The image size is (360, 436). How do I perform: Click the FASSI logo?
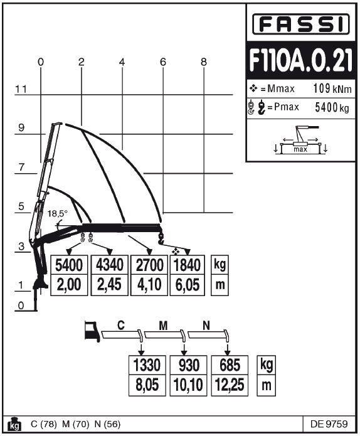(x=301, y=24)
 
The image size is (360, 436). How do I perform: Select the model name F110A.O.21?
(x=301, y=60)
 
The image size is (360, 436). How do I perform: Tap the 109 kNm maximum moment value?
(x=332, y=88)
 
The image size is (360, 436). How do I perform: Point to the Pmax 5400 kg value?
(x=332, y=107)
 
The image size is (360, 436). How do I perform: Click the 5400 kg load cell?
(x=69, y=265)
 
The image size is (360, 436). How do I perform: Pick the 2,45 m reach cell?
(x=110, y=285)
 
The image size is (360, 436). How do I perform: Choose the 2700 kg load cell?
(x=149, y=265)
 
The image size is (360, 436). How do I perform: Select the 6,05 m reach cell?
(x=188, y=285)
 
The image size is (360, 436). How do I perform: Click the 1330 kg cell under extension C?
(x=147, y=365)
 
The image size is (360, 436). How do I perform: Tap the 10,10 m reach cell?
(x=188, y=385)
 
